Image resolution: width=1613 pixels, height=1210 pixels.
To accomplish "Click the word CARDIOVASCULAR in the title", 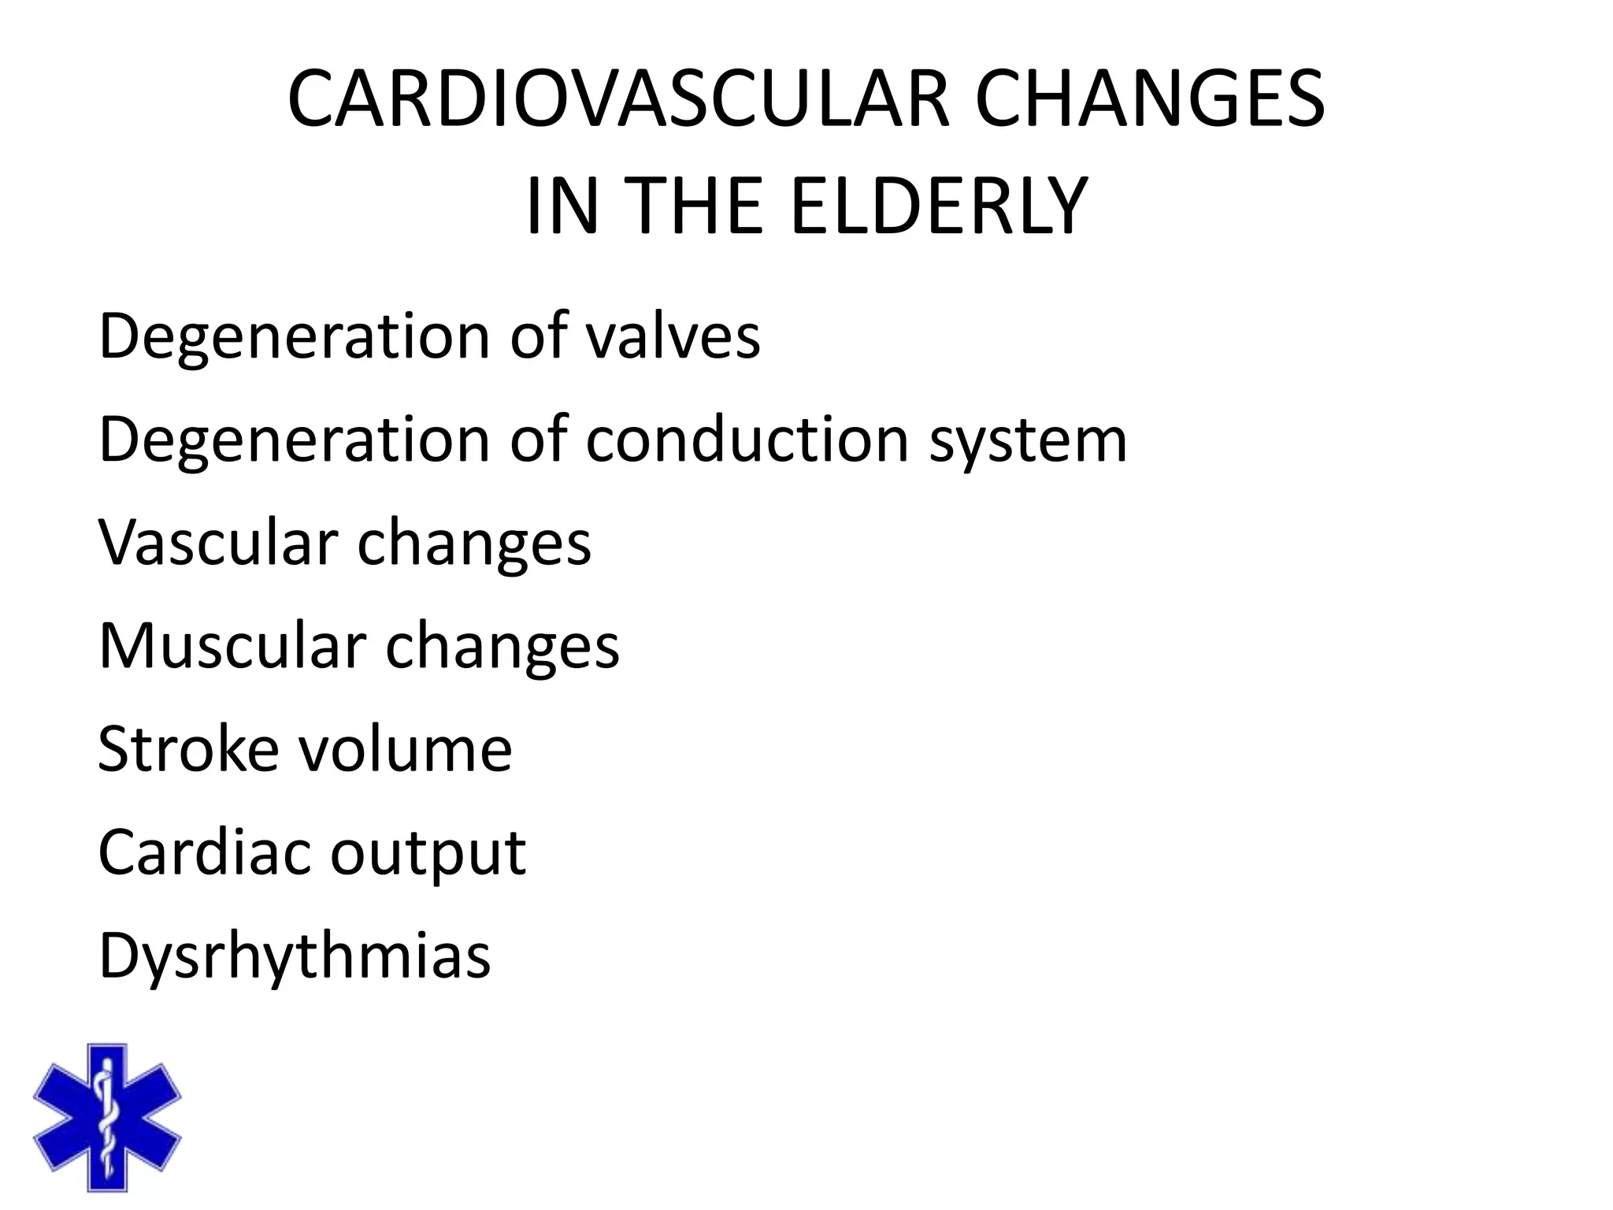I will pyautogui.click(x=619, y=99).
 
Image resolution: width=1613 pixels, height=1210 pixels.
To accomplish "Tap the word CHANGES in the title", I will pyautogui.click(x=1150, y=99).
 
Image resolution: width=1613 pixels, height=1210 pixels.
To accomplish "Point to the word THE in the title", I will pyautogui.click(x=697, y=206).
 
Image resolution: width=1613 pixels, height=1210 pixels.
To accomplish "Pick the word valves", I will pyautogui.click(x=673, y=336).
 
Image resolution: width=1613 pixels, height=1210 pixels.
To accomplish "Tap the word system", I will pyautogui.click(x=1028, y=441).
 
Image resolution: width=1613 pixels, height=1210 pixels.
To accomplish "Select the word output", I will pyautogui.click(x=428, y=854).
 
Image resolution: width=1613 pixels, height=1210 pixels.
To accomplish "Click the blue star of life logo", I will pyautogui.click(x=107, y=1116).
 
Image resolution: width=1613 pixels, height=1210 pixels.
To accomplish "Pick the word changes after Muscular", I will pyautogui.click(x=502, y=645).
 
